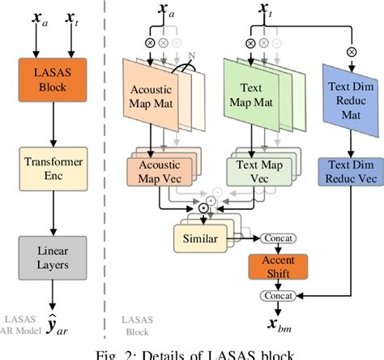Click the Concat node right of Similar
[276, 238]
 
